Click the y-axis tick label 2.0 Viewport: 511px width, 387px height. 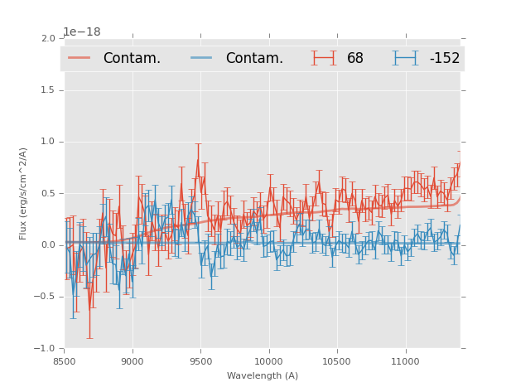click(x=48, y=39)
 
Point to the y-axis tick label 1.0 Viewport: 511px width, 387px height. click(x=48, y=142)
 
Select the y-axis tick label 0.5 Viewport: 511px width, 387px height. click(x=48, y=194)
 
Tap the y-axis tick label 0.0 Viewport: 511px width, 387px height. click(x=48, y=245)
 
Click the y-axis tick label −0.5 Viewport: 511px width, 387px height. click(x=46, y=298)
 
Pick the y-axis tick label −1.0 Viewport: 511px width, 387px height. click(x=46, y=349)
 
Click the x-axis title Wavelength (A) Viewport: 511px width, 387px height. click(x=263, y=375)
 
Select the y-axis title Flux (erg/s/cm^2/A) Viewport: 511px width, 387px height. click(x=24, y=193)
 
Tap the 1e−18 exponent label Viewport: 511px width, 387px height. click(x=82, y=32)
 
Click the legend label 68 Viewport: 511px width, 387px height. click(x=355, y=58)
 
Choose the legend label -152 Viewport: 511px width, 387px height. click(x=444, y=58)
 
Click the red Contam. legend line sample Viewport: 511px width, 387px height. click(x=80, y=58)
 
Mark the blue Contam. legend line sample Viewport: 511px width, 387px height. click(x=202, y=58)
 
